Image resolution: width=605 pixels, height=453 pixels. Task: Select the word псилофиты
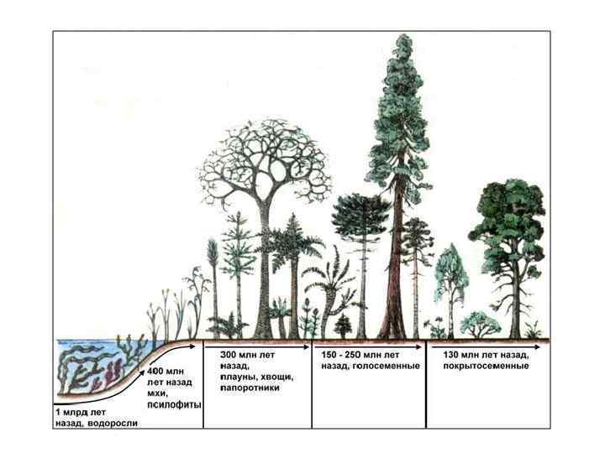pos(174,404)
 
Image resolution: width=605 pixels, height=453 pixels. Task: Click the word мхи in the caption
pos(157,393)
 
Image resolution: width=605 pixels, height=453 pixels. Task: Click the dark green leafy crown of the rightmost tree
pos(511,218)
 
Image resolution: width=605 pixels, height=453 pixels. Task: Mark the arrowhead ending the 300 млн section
pos(308,343)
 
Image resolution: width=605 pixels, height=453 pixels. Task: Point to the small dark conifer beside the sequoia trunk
pos(343,325)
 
